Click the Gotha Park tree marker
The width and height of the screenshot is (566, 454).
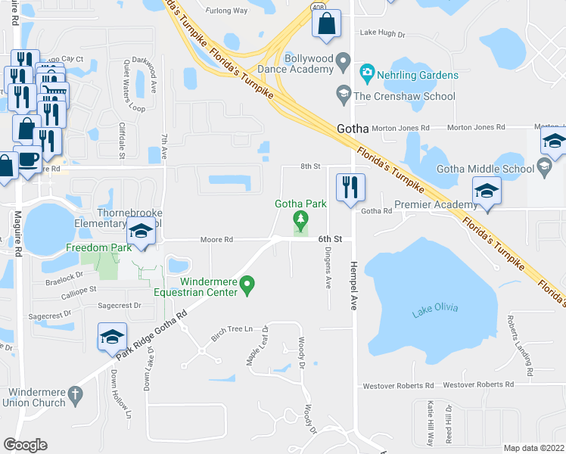click(x=301, y=221)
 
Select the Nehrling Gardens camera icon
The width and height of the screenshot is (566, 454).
click(x=368, y=75)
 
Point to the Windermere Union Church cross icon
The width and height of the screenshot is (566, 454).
click(x=74, y=394)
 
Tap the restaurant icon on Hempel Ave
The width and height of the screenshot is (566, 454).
click(x=350, y=188)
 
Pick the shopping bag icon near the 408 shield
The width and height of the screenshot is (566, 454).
click(x=326, y=24)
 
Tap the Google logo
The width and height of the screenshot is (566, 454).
click(x=26, y=444)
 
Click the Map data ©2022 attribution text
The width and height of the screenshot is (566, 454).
click(x=533, y=448)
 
